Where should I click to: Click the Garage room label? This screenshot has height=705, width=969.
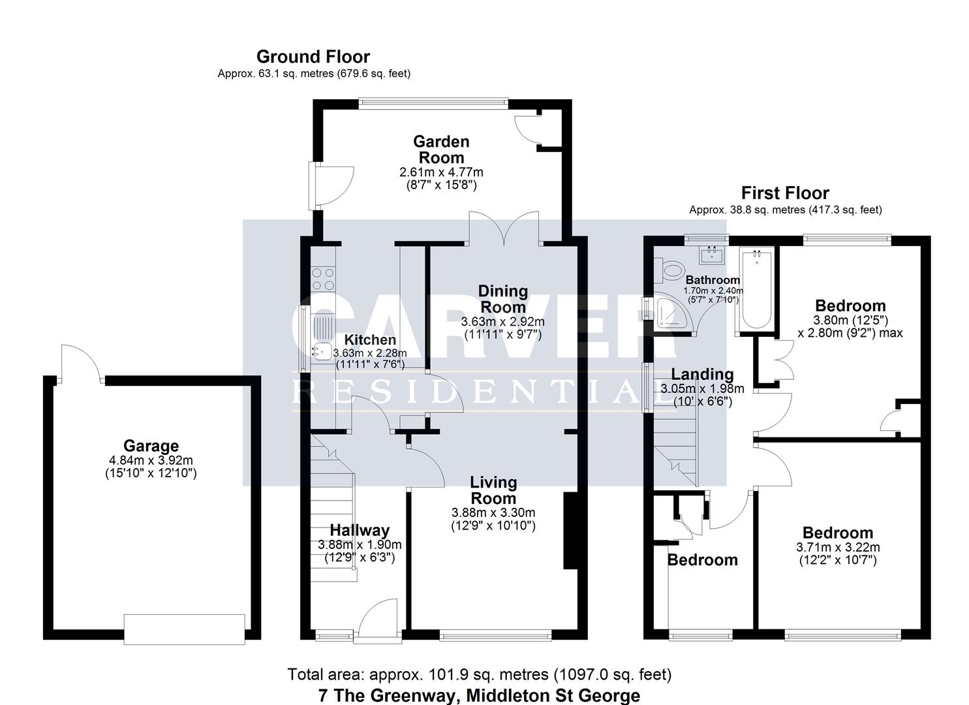point(151,446)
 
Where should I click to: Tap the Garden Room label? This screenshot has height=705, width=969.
point(441,149)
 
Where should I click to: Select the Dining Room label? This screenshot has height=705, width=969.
point(502,299)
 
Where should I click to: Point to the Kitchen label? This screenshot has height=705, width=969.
point(370,340)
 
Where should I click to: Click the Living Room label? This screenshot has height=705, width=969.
point(493,490)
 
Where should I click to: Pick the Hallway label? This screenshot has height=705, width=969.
point(359,531)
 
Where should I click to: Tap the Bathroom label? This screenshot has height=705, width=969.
point(713,280)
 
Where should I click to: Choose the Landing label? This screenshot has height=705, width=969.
point(702,375)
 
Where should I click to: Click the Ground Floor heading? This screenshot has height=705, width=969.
point(313,57)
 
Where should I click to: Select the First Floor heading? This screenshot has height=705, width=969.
point(785,193)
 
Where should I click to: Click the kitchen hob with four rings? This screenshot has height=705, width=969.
point(322,277)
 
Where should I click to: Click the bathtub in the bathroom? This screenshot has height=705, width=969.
point(756,290)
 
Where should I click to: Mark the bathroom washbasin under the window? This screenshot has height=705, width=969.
point(711,254)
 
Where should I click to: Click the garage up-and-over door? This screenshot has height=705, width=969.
point(185,629)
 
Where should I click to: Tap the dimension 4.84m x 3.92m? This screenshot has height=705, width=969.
point(151,461)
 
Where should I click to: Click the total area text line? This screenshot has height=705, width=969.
point(479,674)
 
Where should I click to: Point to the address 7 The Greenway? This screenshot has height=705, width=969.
point(479,695)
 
